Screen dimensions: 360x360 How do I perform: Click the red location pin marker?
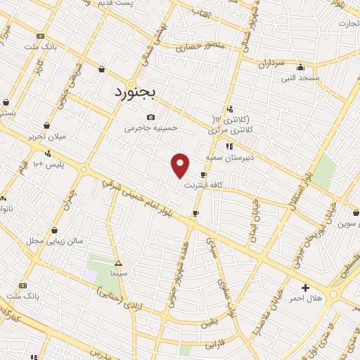(x=181, y=165)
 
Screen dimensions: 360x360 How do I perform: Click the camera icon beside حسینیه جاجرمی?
(x=150, y=117)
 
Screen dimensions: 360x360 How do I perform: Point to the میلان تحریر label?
(x=47, y=136)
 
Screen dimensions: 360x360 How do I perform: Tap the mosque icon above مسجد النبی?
(x=300, y=67)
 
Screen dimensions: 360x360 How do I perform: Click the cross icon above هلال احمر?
(x=305, y=288)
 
